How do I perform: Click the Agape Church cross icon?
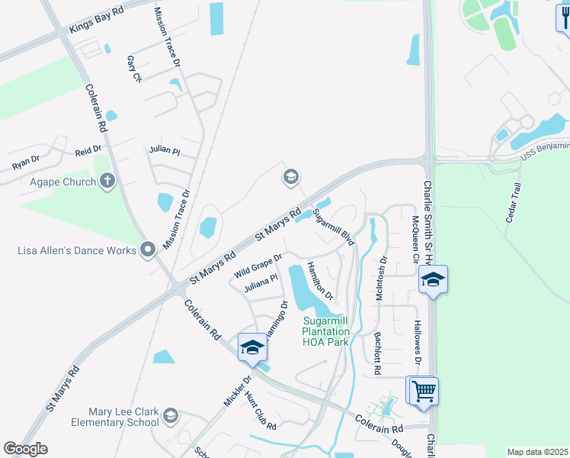pyautogui.click(x=107, y=182)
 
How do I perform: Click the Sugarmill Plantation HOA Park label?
pyautogui.click(x=325, y=331)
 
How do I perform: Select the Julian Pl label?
pyautogui.click(x=165, y=150)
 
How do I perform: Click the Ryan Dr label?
pyautogui.click(x=25, y=163)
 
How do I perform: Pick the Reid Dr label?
pyautogui.click(x=88, y=152)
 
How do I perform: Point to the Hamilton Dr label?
pyautogui.click(x=320, y=279)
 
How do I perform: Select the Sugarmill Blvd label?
pyautogui.click(x=335, y=226)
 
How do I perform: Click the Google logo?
pyautogui.click(x=25, y=449)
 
